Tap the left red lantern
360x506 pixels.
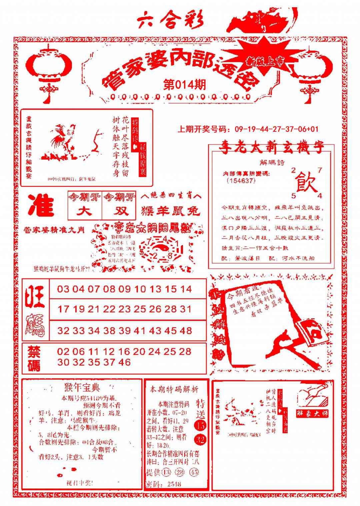[x=49, y=67]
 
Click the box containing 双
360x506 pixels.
[x=119, y=211]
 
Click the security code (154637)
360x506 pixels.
[x=241, y=180]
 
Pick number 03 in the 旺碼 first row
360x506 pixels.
[x=63, y=289]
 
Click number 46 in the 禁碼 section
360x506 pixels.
[x=124, y=362]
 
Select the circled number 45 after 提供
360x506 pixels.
[x=194, y=472]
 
